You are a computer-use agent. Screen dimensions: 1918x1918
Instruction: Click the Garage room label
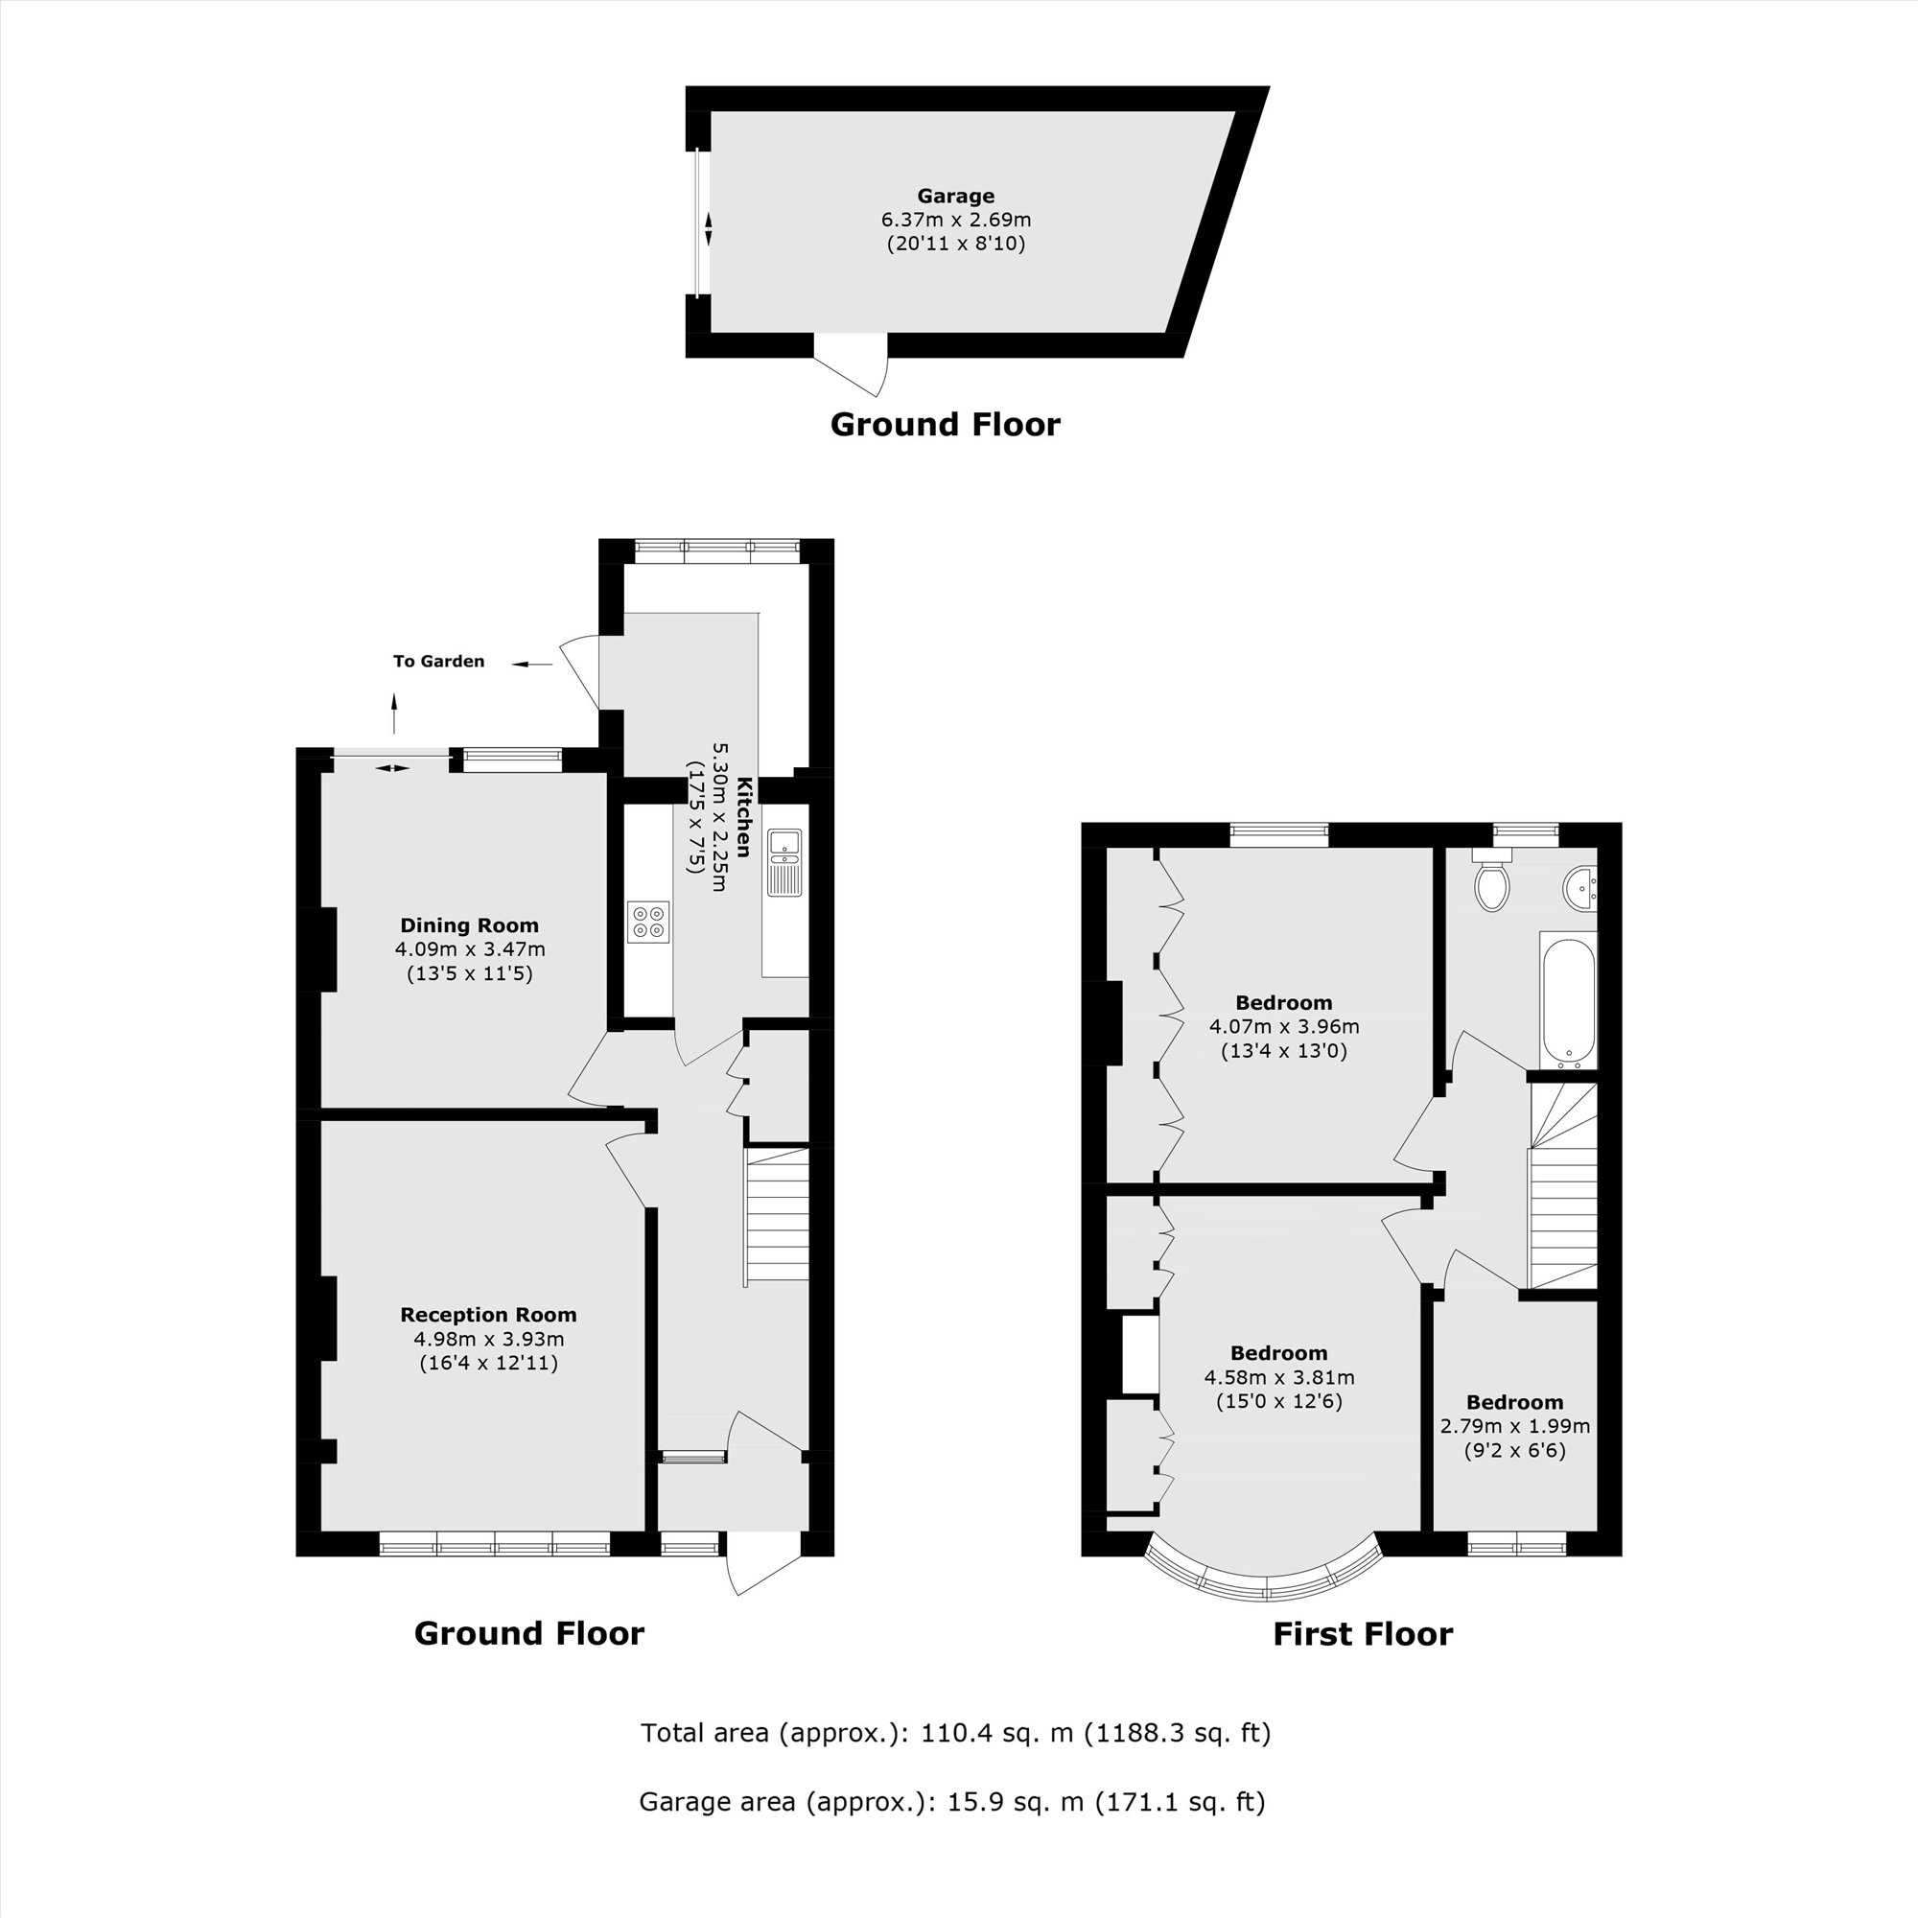[955, 197]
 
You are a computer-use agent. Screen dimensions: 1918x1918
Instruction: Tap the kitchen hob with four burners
[648, 922]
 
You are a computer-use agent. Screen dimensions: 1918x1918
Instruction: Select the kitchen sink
[784, 862]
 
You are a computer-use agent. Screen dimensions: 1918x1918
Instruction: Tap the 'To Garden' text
[439, 661]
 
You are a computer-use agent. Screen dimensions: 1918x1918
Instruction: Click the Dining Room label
[469, 925]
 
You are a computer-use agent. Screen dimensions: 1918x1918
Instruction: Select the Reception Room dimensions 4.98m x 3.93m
[488, 1339]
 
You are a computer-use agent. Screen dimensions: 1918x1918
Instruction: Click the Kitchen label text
[741, 817]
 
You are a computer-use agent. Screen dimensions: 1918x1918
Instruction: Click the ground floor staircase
[778, 1215]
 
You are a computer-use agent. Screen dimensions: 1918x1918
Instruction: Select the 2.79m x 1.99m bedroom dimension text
[1515, 1427]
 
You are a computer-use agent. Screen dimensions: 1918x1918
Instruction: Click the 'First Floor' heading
[1362, 1634]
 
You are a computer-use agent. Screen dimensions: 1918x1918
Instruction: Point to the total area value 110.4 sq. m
[996, 1733]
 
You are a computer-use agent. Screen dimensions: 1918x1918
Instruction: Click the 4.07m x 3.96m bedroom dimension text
[1284, 1027]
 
